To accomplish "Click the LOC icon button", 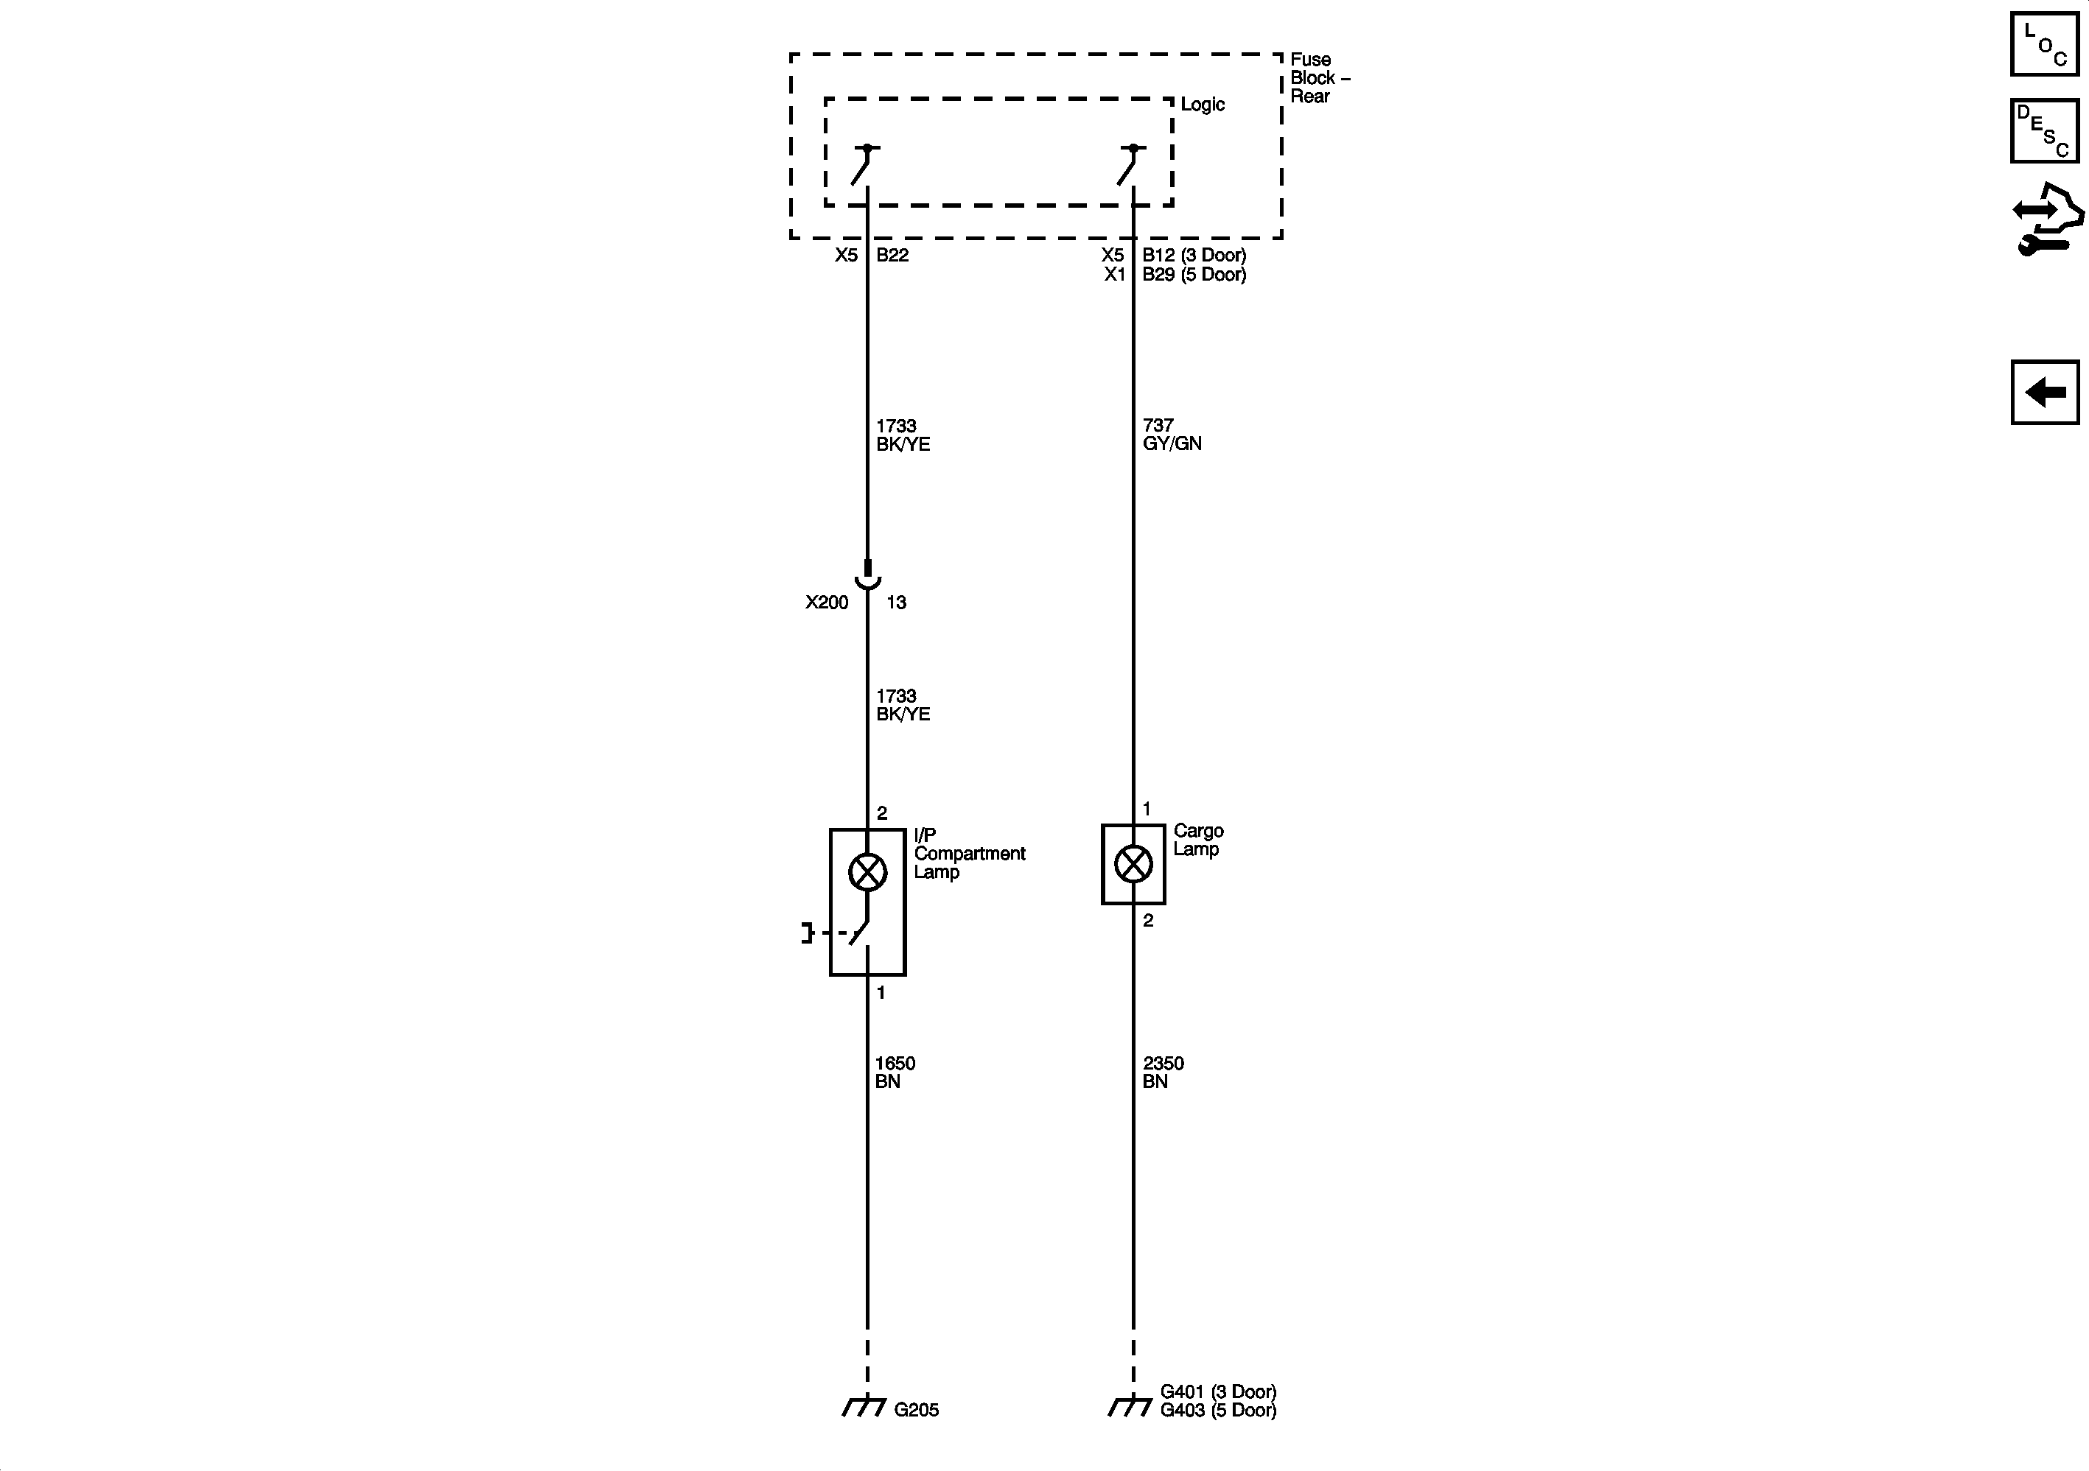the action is [2044, 43].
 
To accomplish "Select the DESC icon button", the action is [2044, 131].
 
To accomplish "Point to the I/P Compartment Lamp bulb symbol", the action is [867, 871].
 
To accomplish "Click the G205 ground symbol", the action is [864, 1406].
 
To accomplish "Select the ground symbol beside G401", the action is [1130, 1406].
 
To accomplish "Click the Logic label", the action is [1202, 105].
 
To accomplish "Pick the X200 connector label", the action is [826, 603].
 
